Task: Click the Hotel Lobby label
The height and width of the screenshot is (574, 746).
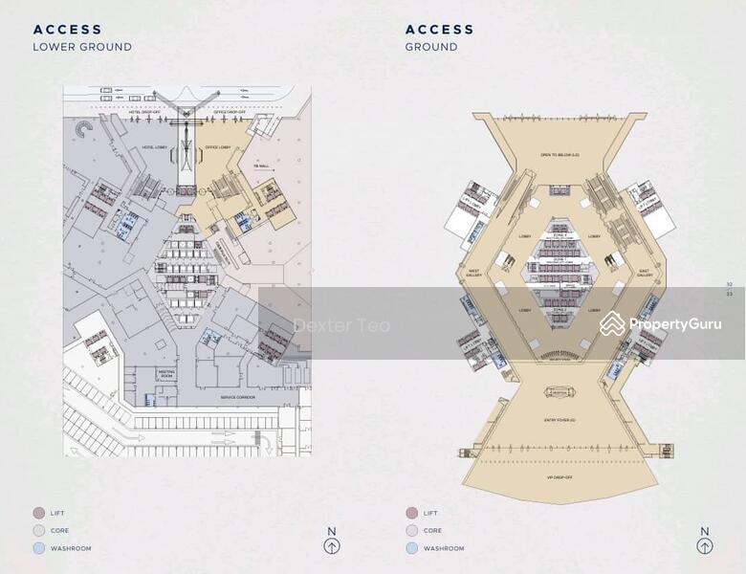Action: coord(154,147)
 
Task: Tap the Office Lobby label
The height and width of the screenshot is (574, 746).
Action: coord(218,147)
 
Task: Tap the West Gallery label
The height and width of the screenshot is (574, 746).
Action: coord(472,275)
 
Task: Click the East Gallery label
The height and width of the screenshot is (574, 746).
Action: coord(645,275)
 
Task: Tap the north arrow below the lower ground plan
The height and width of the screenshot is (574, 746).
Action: coord(331,546)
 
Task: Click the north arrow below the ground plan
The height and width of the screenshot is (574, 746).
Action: coord(705,546)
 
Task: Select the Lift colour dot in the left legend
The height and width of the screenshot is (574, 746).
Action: coord(39,513)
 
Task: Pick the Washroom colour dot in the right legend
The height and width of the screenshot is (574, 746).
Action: coord(411,548)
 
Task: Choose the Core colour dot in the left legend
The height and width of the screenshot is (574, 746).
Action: coord(39,530)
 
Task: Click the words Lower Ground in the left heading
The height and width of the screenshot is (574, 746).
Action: coord(82,47)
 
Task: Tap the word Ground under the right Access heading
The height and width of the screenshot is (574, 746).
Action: coord(431,47)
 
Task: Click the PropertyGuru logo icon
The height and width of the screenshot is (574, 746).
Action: coord(612,324)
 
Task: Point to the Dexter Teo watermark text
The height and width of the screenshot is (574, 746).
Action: coord(341,326)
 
